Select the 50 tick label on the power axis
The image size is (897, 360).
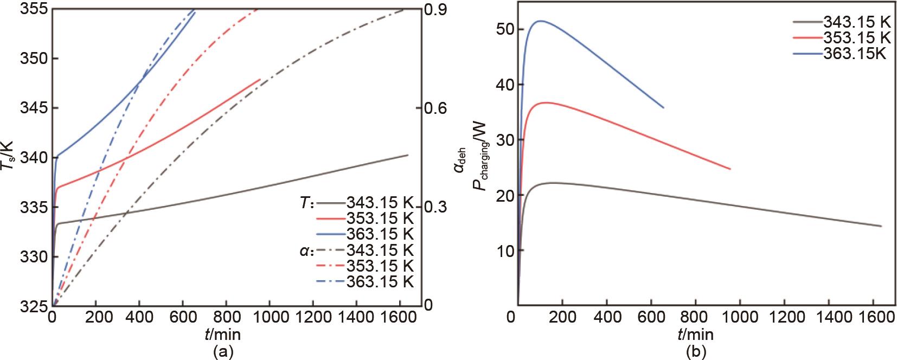tap(502, 29)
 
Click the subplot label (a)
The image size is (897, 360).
tap(223, 352)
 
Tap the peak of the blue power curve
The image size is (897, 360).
tap(540, 21)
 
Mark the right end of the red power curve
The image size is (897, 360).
tap(731, 169)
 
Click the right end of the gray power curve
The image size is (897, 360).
tap(881, 226)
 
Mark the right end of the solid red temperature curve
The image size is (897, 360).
tap(260, 80)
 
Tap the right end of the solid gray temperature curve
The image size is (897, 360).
tap(407, 155)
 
